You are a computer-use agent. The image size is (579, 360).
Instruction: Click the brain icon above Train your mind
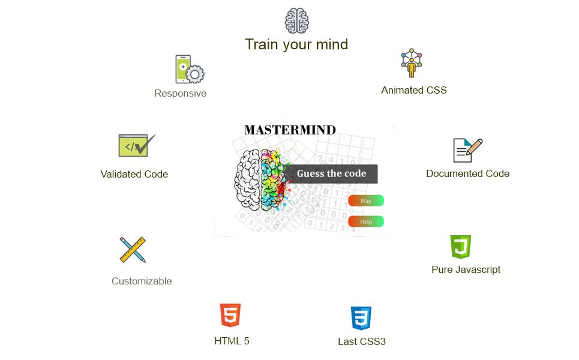tap(296, 20)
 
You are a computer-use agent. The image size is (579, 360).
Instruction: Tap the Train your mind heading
tap(296, 44)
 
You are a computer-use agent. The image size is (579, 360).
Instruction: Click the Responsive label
tap(180, 94)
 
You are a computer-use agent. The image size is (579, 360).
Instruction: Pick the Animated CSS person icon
tap(412, 63)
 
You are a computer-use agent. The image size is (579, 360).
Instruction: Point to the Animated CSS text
tap(414, 91)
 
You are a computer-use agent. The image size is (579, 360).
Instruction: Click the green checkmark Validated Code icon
tap(136, 145)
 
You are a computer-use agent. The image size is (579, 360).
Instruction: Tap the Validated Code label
tap(134, 175)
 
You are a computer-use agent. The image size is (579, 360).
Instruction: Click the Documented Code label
tap(467, 174)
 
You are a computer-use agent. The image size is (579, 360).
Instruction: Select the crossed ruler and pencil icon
tap(133, 250)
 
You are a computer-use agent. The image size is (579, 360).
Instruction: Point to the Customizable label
tap(142, 281)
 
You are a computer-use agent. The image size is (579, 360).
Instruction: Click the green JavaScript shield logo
tap(460, 247)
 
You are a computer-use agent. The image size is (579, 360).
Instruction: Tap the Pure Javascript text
tap(466, 270)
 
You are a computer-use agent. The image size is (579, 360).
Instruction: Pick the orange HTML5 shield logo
tap(230, 316)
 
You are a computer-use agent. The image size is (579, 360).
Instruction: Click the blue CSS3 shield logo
tap(361, 318)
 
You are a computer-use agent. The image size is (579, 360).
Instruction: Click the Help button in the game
tap(365, 221)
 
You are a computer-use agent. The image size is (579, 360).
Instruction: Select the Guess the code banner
tap(331, 174)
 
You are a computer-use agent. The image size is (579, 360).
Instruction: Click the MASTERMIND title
tap(290, 130)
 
